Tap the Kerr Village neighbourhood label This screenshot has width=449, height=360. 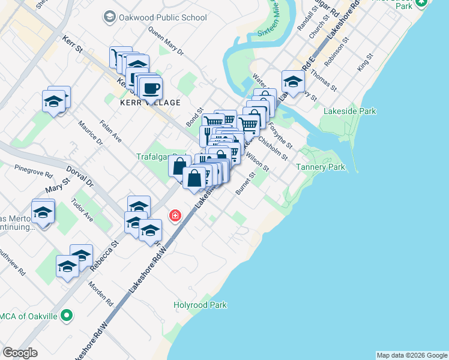(x=150, y=103)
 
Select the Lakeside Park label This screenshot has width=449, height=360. (x=349, y=111)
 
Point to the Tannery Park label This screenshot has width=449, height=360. (x=321, y=167)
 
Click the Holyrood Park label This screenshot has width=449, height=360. (x=200, y=305)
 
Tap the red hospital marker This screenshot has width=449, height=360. (x=175, y=215)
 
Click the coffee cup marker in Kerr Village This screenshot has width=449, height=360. (x=150, y=88)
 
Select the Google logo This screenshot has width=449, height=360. (x=20, y=353)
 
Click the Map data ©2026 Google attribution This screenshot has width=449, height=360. (x=412, y=355)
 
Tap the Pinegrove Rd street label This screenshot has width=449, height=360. (x=30, y=170)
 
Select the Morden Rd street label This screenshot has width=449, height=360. (x=101, y=290)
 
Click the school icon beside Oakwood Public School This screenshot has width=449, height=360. (x=109, y=17)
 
